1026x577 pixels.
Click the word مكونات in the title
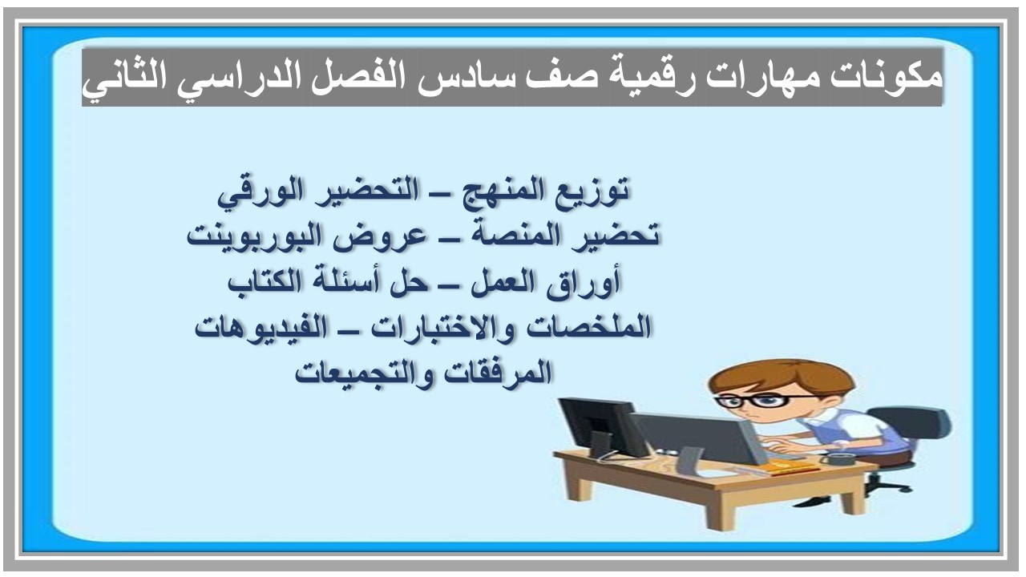(x=899, y=78)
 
